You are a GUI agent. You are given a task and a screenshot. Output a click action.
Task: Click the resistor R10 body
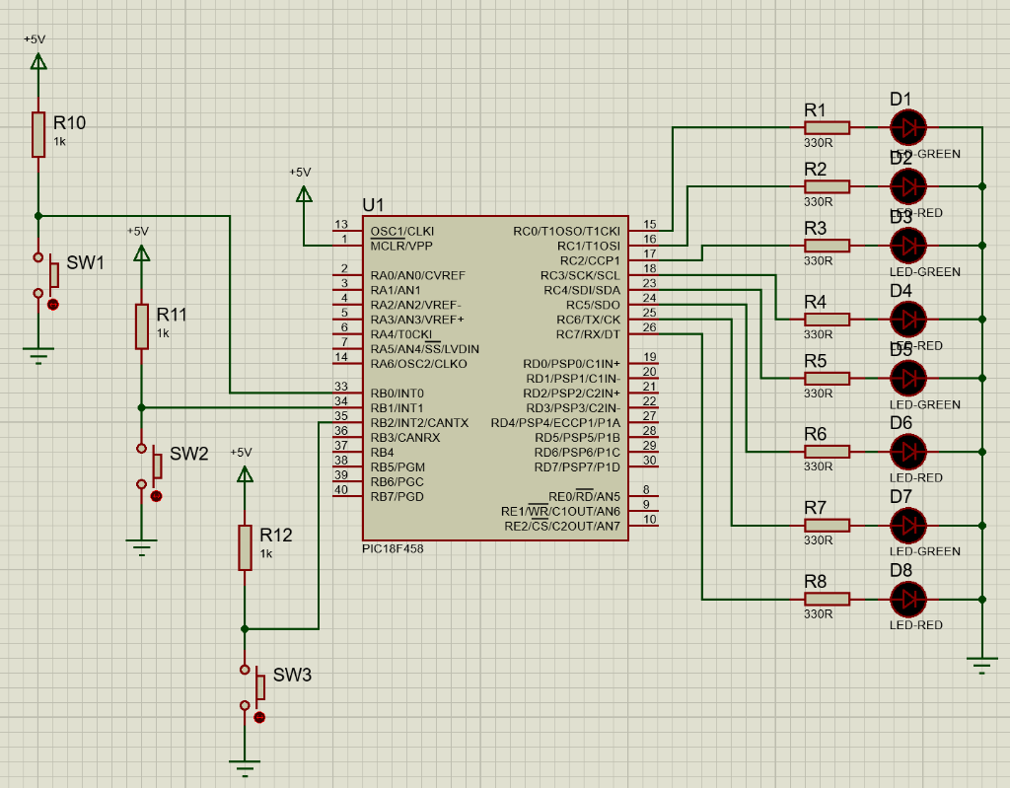click(x=38, y=134)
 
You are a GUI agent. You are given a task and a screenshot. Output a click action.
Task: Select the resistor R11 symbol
click(x=142, y=326)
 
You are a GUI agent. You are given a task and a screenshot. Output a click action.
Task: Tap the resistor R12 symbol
click(x=245, y=547)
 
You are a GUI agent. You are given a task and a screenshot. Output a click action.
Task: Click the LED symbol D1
click(x=908, y=127)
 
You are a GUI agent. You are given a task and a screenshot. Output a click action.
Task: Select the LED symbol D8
click(x=908, y=599)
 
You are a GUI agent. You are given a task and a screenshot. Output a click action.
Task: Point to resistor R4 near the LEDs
click(x=827, y=319)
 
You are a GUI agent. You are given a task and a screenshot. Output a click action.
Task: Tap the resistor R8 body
click(x=827, y=599)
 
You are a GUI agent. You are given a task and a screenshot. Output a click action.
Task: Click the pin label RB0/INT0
click(x=397, y=394)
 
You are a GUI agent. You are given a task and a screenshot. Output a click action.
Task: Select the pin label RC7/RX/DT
click(x=588, y=334)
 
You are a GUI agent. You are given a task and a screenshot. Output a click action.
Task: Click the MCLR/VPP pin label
click(x=401, y=246)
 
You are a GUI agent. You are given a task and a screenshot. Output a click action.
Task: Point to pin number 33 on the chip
click(x=341, y=387)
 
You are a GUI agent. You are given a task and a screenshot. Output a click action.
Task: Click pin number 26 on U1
click(x=649, y=327)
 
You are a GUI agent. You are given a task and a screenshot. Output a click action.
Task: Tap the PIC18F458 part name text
click(x=393, y=548)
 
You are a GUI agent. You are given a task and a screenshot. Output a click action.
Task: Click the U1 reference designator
click(x=374, y=205)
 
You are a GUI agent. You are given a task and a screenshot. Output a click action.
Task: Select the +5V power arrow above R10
click(x=38, y=61)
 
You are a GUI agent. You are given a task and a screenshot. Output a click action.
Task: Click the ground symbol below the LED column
click(x=982, y=665)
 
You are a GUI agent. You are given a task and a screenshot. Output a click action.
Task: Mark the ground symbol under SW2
click(x=142, y=546)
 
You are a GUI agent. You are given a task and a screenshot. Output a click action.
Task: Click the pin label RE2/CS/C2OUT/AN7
click(x=562, y=526)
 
